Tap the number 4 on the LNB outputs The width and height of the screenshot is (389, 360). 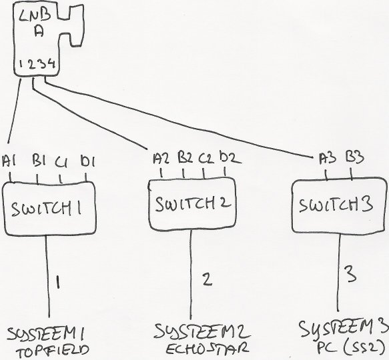click(51, 64)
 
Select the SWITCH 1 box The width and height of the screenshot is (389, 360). click(49, 209)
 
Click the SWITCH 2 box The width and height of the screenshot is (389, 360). click(193, 204)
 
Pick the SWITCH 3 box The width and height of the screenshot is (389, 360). click(339, 205)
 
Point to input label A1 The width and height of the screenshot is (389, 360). click(9, 161)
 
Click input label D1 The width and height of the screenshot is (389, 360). click(88, 161)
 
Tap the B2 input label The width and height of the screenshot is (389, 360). click(185, 157)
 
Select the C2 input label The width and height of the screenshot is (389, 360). click(206, 158)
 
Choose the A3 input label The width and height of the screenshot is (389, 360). click(328, 158)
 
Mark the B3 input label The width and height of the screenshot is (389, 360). click(355, 157)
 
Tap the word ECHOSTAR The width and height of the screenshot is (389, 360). click(206, 348)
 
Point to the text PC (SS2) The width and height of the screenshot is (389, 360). click(352, 346)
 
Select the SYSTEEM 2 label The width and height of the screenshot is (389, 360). click(202, 331)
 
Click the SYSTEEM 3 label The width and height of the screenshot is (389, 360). click(344, 328)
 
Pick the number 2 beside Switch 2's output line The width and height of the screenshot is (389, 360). click(207, 279)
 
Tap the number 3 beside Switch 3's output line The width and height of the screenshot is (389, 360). click(351, 273)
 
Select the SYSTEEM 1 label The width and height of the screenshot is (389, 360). click(45, 334)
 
